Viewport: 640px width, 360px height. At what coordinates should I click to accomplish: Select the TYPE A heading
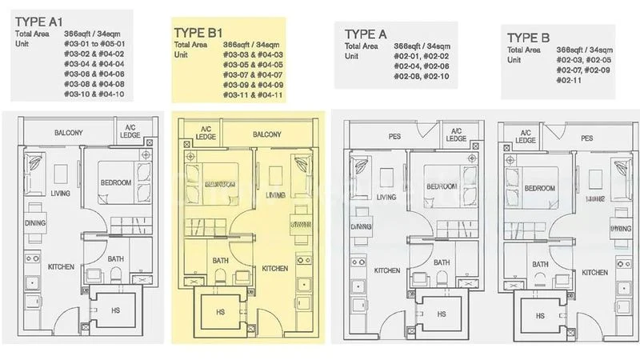366,34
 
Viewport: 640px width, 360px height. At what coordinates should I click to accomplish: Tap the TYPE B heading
528,37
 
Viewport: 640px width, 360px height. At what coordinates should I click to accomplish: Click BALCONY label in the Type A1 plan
70,132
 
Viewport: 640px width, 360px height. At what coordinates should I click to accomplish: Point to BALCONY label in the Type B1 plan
266,135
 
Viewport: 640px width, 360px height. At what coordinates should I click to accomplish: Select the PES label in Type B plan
587,138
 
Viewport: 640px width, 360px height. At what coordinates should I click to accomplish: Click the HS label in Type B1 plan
219,311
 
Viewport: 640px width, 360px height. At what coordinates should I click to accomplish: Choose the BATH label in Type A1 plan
116,258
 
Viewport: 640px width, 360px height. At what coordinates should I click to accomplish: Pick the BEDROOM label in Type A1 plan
115,182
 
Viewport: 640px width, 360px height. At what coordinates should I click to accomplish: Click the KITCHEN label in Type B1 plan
275,269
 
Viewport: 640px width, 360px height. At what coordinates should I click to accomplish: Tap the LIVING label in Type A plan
386,197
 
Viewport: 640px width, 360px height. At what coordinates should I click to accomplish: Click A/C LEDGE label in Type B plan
526,137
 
